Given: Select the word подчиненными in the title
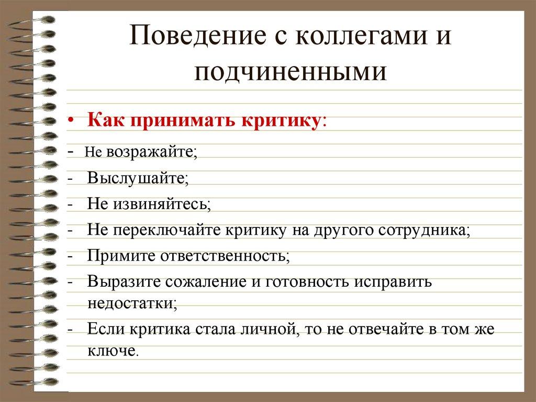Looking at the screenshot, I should click(x=291, y=72).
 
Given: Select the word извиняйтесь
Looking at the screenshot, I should click(x=161, y=203).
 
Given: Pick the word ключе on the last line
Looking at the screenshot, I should click(x=112, y=351).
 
